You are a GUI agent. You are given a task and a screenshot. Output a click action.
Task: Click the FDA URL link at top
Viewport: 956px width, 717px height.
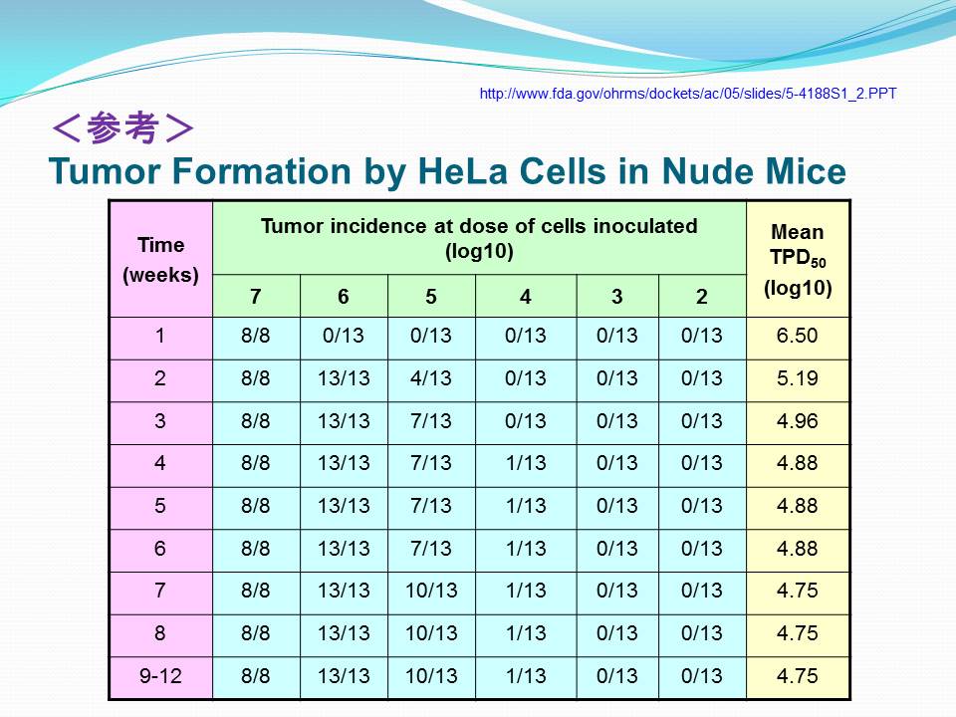point(688,94)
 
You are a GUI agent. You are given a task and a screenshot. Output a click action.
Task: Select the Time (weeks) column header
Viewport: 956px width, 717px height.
point(161,260)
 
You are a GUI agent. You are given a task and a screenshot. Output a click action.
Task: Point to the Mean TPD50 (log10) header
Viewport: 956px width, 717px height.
point(798,260)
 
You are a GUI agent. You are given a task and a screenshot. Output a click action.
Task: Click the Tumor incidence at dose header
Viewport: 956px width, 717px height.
point(479,238)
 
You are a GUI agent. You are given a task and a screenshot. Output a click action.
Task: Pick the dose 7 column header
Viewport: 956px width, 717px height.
point(256,297)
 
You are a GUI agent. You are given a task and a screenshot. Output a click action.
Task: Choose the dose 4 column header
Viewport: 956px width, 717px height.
point(526,297)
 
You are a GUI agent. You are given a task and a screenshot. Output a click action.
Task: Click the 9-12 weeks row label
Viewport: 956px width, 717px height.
point(160,675)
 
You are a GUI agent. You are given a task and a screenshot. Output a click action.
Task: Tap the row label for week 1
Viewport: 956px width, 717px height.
point(159,336)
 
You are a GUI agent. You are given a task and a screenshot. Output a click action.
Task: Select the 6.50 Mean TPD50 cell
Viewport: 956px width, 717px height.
point(797,336)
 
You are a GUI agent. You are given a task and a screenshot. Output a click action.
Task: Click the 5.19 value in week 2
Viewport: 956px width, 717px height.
point(797,378)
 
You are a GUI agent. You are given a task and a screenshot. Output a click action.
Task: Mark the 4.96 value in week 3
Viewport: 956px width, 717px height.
point(797,420)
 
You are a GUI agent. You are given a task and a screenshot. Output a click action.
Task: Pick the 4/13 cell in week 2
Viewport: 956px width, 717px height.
point(431,378)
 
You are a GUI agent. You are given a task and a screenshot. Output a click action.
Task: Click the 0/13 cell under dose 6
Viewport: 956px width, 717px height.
point(344,336)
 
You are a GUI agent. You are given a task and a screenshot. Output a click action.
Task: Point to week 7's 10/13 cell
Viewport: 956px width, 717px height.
point(431,591)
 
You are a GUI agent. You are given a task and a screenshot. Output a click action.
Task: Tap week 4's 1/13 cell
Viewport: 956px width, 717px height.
point(526,463)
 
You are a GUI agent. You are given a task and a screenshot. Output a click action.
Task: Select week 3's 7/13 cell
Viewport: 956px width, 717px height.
point(431,420)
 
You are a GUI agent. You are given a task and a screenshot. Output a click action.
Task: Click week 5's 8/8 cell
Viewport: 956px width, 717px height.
point(256,506)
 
